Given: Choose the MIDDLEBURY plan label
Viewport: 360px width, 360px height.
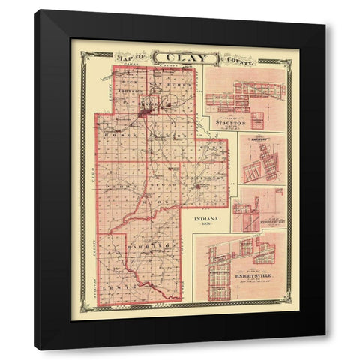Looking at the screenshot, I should (x=268, y=223).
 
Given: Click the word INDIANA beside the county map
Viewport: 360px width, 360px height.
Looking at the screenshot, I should (x=207, y=220).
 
